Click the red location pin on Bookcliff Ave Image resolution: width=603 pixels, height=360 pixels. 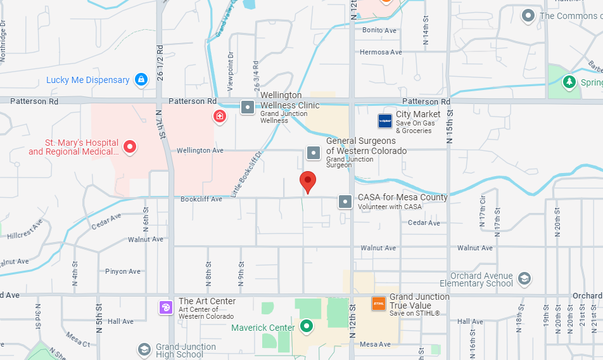point(308,181)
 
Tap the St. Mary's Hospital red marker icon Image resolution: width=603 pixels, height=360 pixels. point(130,147)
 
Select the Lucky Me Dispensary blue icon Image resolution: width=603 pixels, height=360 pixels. point(142,80)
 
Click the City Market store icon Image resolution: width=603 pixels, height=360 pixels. point(385,120)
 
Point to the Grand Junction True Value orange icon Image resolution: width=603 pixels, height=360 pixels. point(379,304)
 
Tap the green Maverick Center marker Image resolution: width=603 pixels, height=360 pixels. point(307,327)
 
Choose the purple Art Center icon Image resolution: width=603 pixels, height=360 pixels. point(166,307)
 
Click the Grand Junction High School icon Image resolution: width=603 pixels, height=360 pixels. point(144,349)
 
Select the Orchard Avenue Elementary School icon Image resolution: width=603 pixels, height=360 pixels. point(524,278)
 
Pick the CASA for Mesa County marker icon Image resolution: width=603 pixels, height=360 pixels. point(345,202)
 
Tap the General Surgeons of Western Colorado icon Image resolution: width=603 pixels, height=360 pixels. point(314,153)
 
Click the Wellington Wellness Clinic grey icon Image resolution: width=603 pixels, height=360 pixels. point(248,106)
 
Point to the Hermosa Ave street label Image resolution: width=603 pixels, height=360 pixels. point(381,52)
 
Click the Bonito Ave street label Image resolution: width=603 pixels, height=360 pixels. point(379,30)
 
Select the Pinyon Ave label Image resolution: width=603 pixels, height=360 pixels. point(123,271)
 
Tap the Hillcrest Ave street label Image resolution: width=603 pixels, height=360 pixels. point(25,229)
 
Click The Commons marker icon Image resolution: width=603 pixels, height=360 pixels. point(528,15)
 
